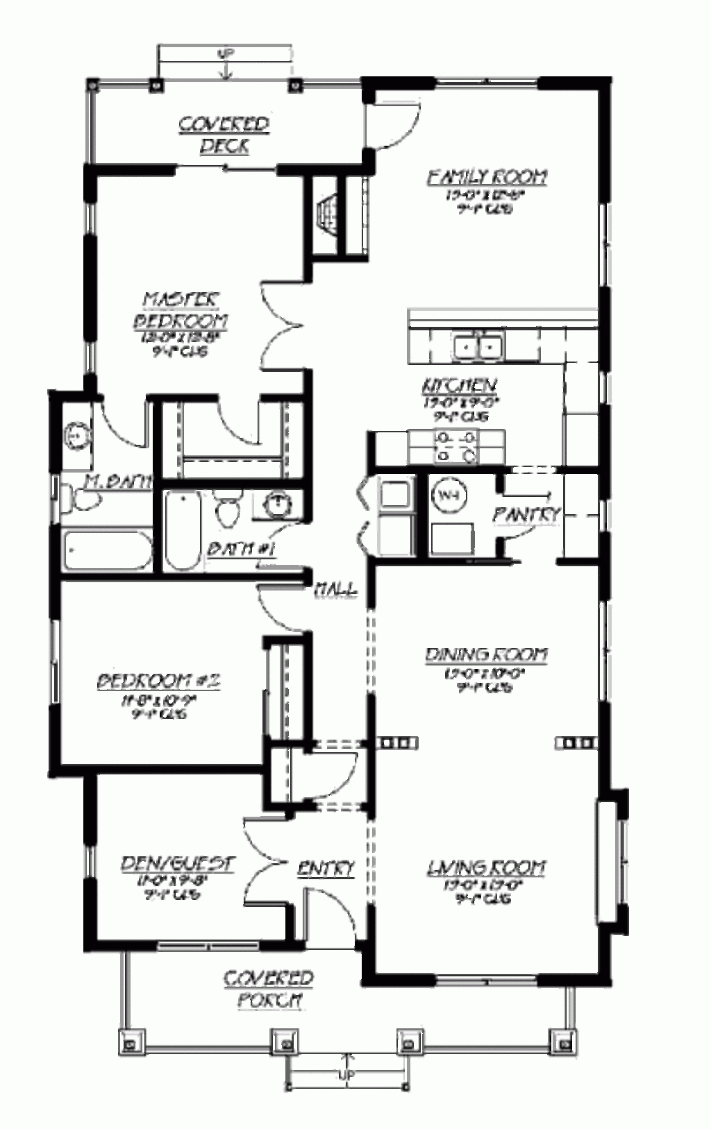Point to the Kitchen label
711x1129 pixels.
click(460, 385)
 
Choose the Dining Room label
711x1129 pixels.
click(487, 654)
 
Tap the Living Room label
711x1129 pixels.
click(486, 867)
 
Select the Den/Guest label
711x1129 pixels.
click(177, 864)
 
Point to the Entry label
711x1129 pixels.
click(326, 868)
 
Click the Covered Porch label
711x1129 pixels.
click(269, 990)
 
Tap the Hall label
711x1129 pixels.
click(336, 590)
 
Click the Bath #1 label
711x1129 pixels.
click(242, 550)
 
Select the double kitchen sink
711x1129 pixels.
click(478, 344)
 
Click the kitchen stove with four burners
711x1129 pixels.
click(455, 446)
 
